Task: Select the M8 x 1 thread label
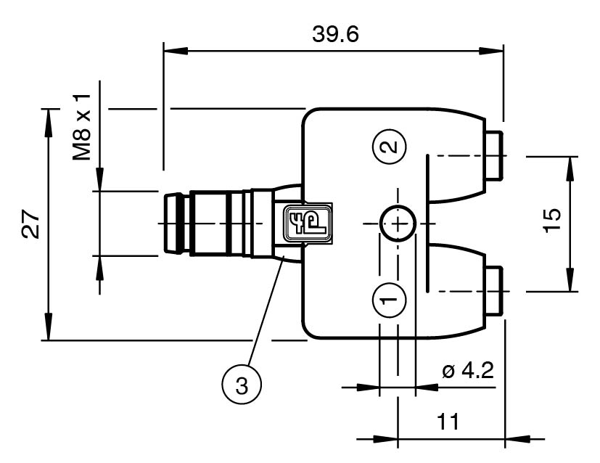[85, 126]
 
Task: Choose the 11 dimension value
[449, 422]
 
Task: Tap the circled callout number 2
[390, 147]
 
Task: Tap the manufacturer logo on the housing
[305, 224]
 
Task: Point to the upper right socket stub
[496, 156]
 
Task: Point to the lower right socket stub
[496, 290]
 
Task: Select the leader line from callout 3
[264, 313]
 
